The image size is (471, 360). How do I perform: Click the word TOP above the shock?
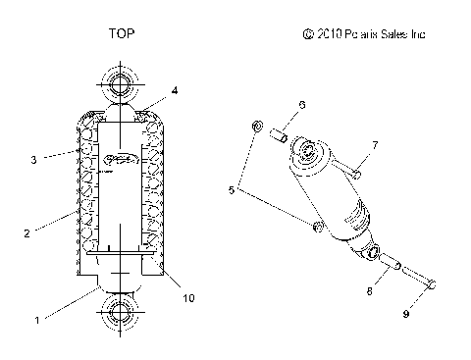tap(122, 33)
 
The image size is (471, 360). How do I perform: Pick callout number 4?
tap(174, 90)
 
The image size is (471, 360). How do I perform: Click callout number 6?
tap(302, 105)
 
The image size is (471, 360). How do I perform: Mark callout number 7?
tap(374, 145)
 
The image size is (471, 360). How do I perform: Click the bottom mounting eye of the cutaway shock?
tap(121, 316)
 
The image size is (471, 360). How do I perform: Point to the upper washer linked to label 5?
tap(256, 126)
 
